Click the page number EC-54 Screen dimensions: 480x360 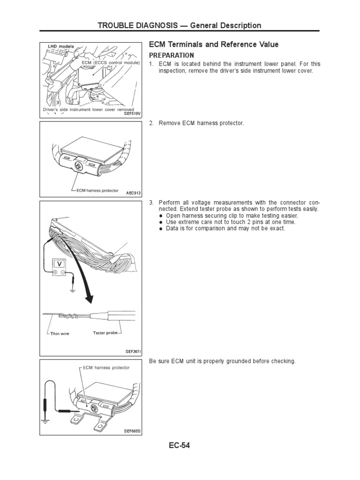180,445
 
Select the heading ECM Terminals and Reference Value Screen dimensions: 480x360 213,45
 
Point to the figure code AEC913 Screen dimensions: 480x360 133,192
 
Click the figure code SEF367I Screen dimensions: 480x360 133,351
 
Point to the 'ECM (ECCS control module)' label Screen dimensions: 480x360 111,62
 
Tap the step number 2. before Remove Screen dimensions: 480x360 151,123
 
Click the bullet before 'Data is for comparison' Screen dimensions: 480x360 161,228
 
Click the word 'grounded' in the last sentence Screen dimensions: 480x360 235,361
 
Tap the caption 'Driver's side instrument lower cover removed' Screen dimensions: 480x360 85,109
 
